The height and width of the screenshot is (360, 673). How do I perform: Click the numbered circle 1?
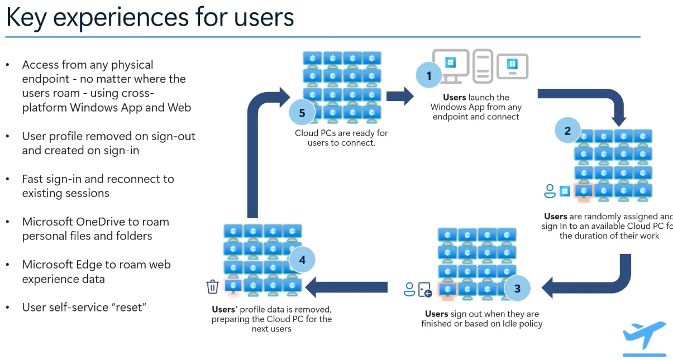[429, 75]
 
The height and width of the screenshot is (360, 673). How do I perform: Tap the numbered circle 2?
[567, 131]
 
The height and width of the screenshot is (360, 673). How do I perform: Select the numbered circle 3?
[517, 289]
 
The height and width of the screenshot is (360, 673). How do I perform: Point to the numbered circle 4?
[302, 260]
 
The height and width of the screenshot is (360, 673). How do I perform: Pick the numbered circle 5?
[302, 113]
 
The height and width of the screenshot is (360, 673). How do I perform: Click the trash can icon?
[212, 287]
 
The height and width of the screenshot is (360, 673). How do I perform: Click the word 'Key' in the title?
[25, 17]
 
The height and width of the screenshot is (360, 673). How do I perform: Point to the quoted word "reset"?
[126, 308]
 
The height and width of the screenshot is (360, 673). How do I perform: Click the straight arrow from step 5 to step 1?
[399, 95]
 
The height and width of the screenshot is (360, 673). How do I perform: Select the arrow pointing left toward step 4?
[346, 287]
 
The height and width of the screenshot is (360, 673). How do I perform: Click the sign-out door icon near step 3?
[425, 290]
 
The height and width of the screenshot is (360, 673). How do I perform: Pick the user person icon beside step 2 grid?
[550, 191]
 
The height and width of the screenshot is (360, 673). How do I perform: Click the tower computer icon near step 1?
[483, 65]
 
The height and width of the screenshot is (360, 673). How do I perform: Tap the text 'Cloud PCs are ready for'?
[341, 133]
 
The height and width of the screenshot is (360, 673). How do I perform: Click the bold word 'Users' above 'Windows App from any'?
[454, 97]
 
